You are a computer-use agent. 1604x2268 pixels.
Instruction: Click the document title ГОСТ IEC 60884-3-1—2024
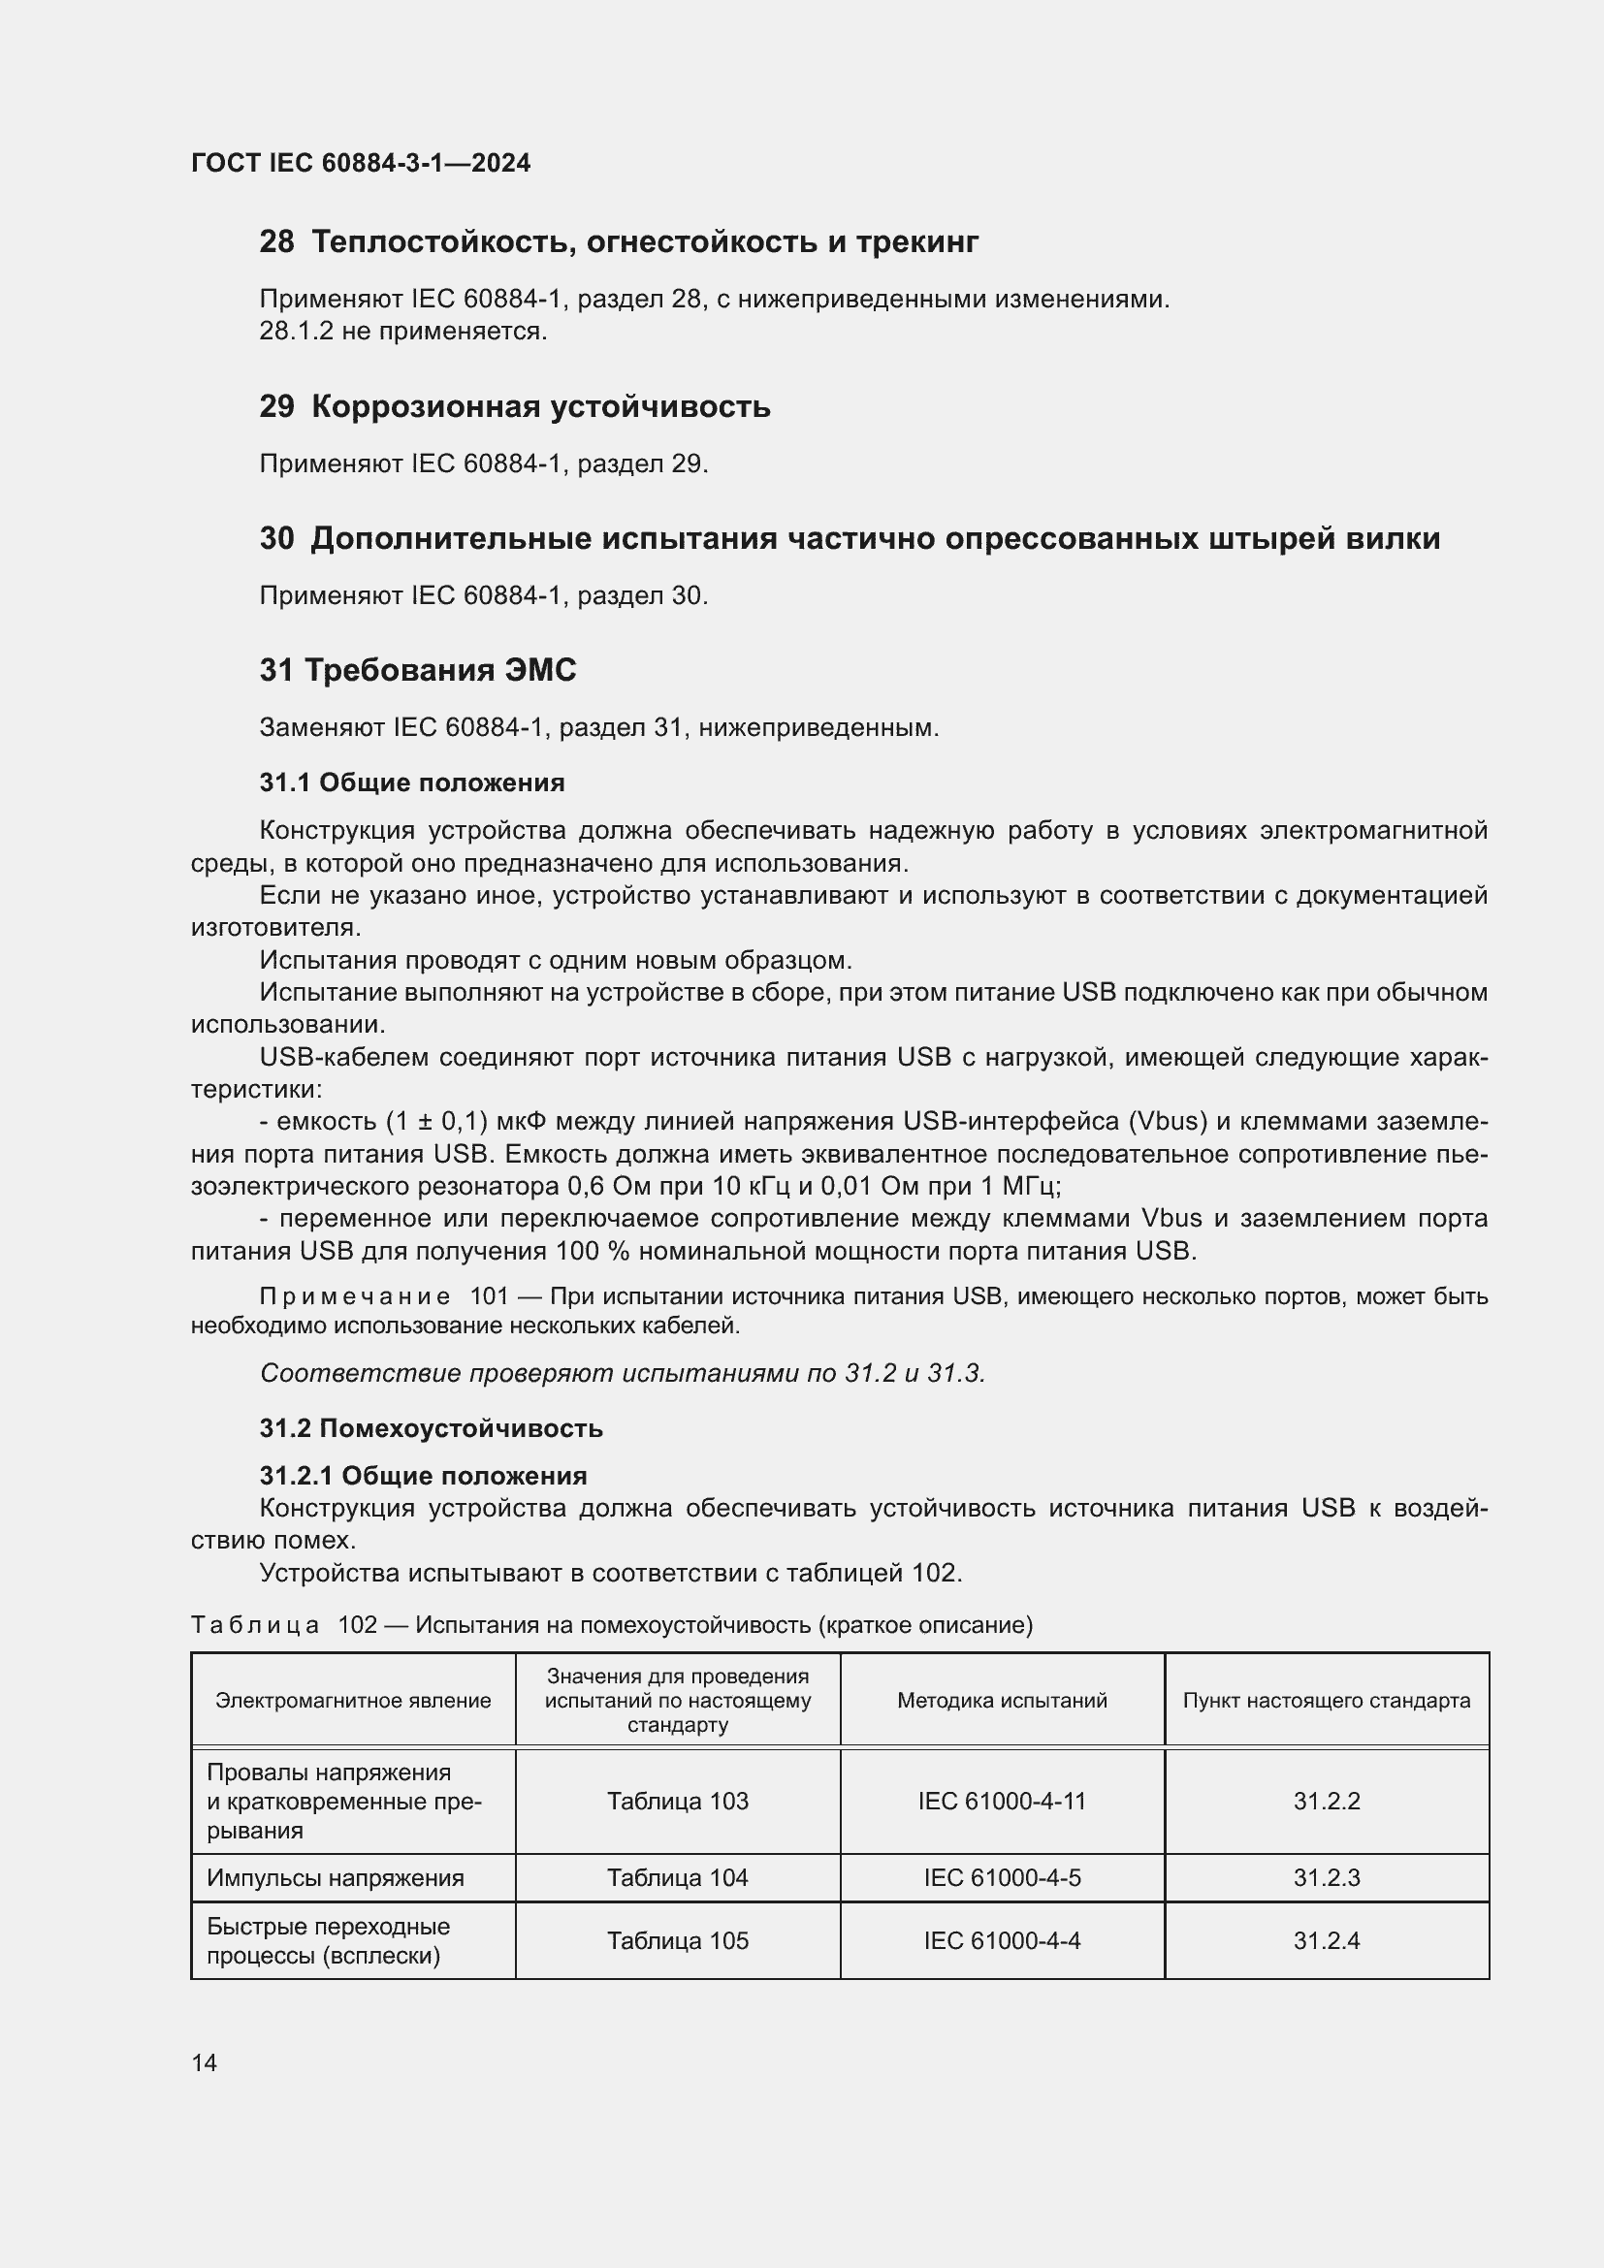pyautogui.click(x=361, y=163)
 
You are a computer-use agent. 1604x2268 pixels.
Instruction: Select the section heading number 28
pyautogui.click(x=276, y=241)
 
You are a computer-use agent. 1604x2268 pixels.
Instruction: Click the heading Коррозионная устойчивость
pyautogui.click(x=540, y=406)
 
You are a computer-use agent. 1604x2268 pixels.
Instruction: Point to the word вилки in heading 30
pyautogui.click(x=1396, y=538)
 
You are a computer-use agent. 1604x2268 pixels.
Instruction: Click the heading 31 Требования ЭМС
pyautogui.click(x=418, y=671)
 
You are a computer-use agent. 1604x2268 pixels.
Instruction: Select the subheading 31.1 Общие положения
pyautogui.click(x=412, y=783)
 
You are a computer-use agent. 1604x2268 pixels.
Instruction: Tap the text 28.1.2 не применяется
pyautogui.click(x=403, y=331)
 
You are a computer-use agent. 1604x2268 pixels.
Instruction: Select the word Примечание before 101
pyautogui.click(x=355, y=1296)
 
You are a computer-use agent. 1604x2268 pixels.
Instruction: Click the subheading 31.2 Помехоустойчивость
pyautogui.click(x=432, y=1428)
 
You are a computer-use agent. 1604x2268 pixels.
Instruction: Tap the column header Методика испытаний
pyautogui.click(x=1002, y=1700)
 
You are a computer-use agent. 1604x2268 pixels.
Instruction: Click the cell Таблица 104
pyautogui.click(x=678, y=1878)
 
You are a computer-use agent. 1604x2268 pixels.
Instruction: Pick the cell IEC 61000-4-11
pyautogui.click(x=1002, y=1801)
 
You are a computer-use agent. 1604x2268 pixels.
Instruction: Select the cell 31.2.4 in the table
pyautogui.click(x=1327, y=1941)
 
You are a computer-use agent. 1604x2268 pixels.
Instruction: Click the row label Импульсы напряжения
pyautogui.click(x=335, y=1878)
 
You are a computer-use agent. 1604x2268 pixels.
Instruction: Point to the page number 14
pyautogui.click(x=205, y=2062)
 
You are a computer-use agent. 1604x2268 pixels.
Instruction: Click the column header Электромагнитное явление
pyautogui.click(x=353, y=1700)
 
